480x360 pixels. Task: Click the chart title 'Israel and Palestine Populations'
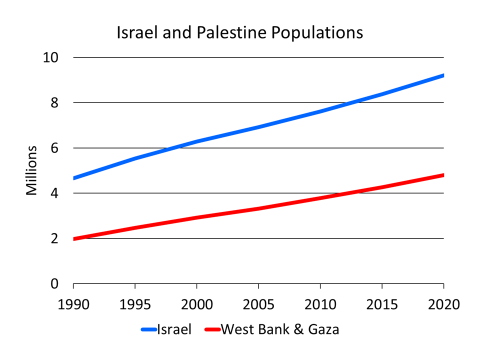239,33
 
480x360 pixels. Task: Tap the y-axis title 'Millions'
32,170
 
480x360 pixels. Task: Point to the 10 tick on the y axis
51,57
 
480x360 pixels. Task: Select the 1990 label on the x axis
73,303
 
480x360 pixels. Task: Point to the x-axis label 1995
135,303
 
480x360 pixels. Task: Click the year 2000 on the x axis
197,303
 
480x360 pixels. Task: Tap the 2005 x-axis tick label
258,303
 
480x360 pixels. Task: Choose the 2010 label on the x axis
320,303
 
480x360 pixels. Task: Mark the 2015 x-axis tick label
382,303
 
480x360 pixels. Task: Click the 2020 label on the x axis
443,303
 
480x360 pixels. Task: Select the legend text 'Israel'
174,329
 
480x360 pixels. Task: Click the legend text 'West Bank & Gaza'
279,329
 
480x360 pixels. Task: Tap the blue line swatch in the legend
149,329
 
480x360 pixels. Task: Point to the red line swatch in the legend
212,329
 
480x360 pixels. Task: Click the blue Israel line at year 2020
443,75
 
